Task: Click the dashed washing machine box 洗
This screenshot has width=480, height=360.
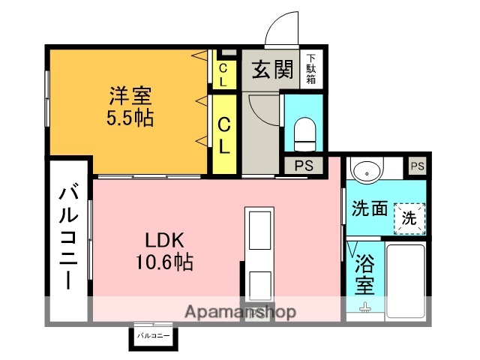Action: (x=409, y=220)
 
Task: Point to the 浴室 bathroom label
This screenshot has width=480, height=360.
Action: (x=364, y=274)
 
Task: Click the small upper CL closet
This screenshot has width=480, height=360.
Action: (x=223, y=73)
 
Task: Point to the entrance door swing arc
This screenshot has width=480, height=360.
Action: (x=281, y=31)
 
